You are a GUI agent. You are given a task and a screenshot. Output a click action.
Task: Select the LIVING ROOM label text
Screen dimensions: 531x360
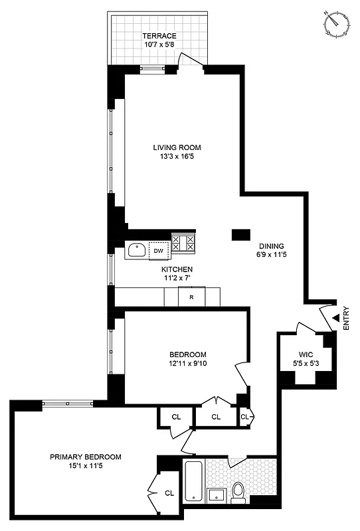[x=176, y=147]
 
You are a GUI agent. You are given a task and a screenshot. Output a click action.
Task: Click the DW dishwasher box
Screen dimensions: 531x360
[x=159, y=250]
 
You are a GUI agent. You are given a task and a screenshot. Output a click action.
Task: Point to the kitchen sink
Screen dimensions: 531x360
[x=137, y=250]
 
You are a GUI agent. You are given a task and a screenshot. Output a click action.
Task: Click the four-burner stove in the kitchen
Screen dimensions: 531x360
[x=184, y=243]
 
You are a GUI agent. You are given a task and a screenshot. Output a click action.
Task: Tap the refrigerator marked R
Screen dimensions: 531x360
[x=191, y=297]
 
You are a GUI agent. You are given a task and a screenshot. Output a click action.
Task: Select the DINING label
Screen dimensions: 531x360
[x=272, y=244]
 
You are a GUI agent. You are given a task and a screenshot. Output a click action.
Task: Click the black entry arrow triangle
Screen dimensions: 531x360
[x=335, y=319]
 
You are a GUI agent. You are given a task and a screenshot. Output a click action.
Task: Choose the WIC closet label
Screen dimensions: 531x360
[x=306, y=354]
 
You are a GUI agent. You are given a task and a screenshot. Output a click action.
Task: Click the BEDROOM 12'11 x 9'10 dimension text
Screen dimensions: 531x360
[x=187, y=364]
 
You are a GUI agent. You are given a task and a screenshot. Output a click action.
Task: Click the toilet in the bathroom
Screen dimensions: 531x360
[x=238, y=491]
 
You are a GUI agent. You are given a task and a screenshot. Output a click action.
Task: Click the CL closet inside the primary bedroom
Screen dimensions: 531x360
[x=168, y=493]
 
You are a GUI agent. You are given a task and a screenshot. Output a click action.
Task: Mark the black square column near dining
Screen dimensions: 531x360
[x=240, y=234]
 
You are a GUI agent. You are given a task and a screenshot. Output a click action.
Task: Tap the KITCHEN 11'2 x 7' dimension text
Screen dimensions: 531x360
[x=177, y=279]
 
